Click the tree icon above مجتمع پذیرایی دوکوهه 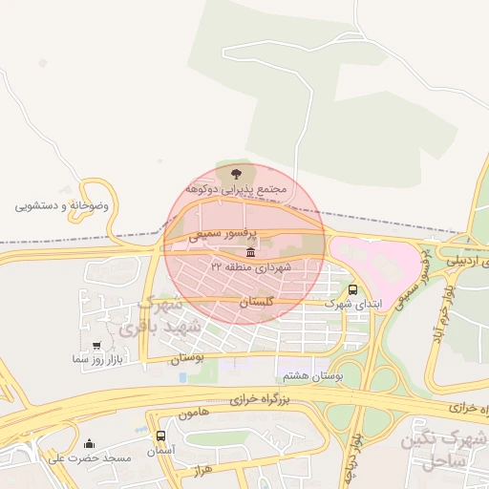point(236,173)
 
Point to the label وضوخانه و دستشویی point(62,205)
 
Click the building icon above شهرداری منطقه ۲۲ point(250,252)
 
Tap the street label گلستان point(255,301)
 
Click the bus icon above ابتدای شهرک point(353,288)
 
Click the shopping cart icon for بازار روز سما point(96,345)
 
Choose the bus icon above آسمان point(159,436)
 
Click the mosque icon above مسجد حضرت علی point(90,443)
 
